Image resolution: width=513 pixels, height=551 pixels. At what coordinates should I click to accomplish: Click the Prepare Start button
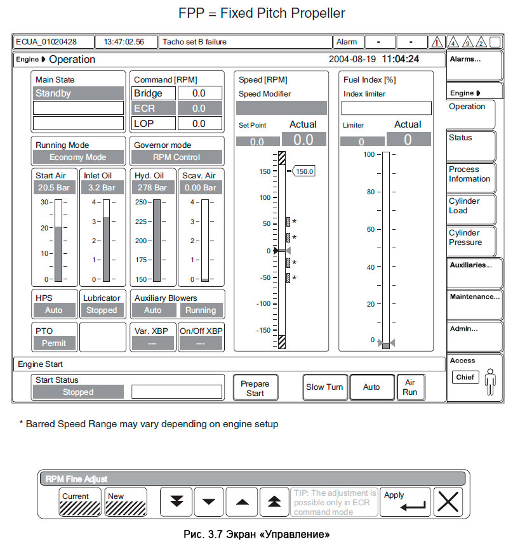pos(255,388)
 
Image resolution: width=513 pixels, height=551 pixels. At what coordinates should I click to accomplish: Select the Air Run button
pos(410,387)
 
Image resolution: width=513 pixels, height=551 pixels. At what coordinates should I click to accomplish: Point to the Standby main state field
pos(79,93)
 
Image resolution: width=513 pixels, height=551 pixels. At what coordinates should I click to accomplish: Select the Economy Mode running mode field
pos(79,157)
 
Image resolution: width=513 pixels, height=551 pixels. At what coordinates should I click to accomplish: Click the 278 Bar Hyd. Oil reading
pos(152,188)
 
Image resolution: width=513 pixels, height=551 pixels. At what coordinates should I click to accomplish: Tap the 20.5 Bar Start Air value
pos(54,188)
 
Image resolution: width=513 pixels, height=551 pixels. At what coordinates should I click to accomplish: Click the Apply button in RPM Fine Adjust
pos(405,501)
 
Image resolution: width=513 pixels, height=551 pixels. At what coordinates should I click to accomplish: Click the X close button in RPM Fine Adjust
pos(449,501)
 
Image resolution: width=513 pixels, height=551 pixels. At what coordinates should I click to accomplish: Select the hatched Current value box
pos(81,501)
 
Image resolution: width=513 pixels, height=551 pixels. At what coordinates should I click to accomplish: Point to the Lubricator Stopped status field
pos(102,310)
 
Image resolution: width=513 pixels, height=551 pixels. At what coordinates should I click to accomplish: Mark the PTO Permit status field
pos(54,343)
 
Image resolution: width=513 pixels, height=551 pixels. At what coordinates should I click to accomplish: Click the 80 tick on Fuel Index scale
pos(371,192)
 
